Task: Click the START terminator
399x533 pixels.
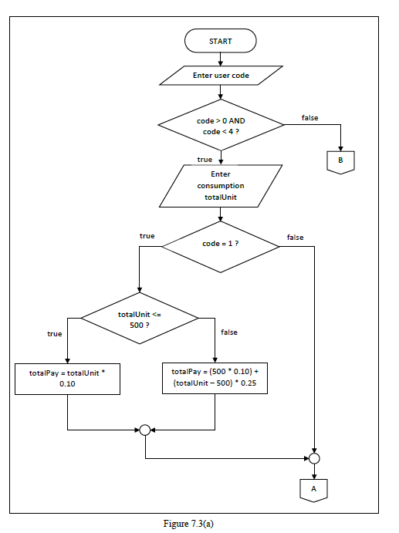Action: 220,41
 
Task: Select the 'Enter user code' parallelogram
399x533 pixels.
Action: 220,76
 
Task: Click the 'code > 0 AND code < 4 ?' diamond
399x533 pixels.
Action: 221,127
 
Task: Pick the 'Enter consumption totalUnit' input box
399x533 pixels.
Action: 220,186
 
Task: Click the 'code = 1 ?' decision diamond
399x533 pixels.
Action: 220,245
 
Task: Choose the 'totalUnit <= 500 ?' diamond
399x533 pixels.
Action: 139,319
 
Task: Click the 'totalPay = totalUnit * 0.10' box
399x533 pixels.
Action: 68,377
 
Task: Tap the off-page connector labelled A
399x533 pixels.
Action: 314,488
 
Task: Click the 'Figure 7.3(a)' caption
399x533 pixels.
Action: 188,524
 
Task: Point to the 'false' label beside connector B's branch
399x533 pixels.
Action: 309,117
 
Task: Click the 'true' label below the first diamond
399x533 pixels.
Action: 205,159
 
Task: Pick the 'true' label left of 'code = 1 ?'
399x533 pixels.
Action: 147,235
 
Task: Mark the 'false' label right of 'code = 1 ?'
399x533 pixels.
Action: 295,237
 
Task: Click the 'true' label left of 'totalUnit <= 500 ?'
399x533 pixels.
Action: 54,334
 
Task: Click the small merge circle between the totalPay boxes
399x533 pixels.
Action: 144,429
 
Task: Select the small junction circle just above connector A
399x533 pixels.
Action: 314,458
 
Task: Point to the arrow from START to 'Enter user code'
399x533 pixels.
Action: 221,59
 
